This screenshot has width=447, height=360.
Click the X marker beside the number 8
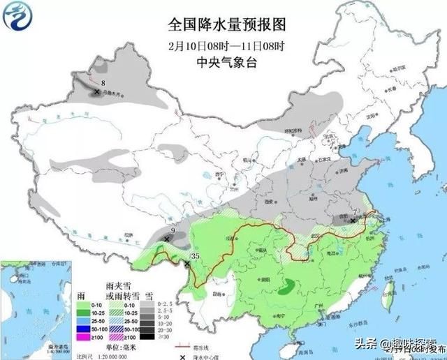coord(96,91)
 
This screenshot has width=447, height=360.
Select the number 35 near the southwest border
coord(196,256)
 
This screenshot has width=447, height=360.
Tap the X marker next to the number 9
coord(166,239)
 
